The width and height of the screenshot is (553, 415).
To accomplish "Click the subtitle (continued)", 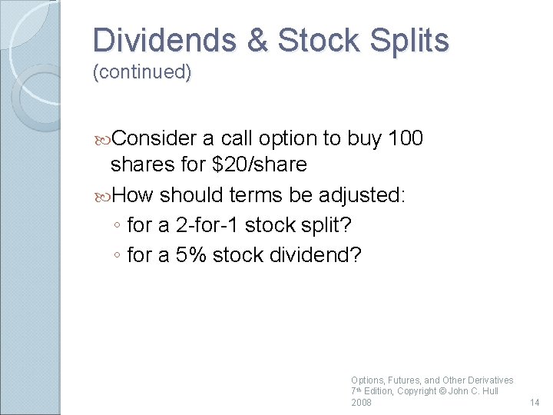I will click(x=141, y=73).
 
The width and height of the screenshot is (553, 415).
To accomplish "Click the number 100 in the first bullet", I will click(x=406, y=138).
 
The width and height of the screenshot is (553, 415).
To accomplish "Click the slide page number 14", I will click(x=535, y=403).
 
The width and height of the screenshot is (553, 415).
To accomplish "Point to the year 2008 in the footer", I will click(x=361, y=403).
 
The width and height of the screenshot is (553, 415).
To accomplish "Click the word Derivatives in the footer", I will click(x=488, y=380).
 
